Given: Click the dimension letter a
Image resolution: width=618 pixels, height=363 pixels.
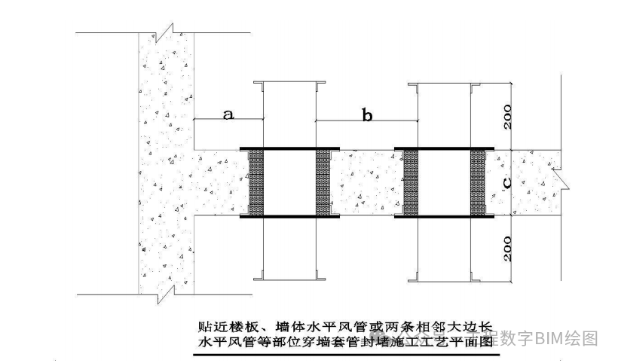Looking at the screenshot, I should click(229, 114).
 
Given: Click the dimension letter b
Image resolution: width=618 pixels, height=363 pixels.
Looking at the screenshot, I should click(367, 115).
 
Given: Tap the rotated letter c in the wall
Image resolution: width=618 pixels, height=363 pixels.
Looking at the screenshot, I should click(507, 181).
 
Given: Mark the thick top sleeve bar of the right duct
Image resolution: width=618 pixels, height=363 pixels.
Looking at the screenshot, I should click(444, 148).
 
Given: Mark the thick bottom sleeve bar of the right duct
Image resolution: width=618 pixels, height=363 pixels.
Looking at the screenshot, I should click(444, 217).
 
